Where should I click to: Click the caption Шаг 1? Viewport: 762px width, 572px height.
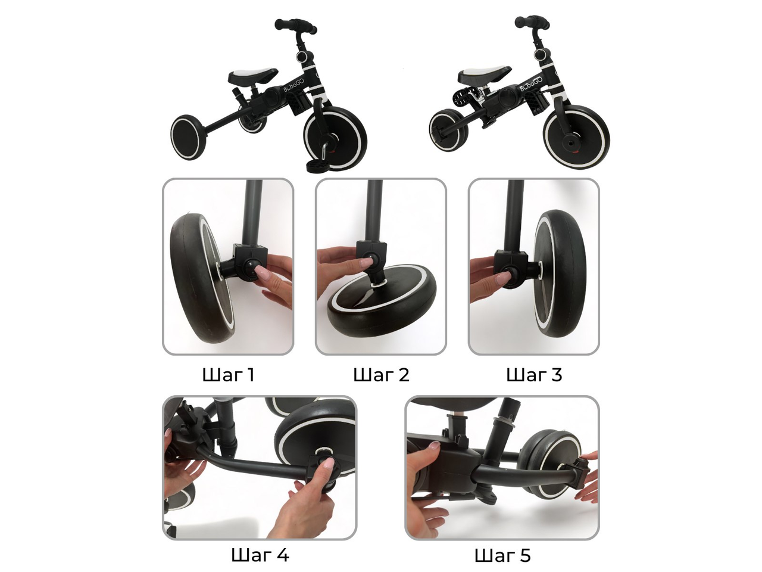(228, 375)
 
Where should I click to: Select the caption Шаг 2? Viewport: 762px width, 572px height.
(381, 375)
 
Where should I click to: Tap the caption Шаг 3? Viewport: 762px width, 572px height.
(534, 375)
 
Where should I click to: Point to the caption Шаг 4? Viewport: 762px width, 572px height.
(260, 555)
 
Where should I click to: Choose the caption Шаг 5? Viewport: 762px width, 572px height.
(502, 555)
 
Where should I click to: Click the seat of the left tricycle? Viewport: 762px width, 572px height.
(253, 75)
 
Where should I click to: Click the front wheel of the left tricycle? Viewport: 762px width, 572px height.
(335, 138)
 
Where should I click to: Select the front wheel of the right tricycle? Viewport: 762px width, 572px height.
(577, 137)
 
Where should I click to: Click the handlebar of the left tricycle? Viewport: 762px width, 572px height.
(295, 26)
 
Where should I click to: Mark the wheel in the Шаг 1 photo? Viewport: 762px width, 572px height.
(202, 278)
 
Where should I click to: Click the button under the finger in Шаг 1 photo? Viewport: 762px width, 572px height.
(251, 269)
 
